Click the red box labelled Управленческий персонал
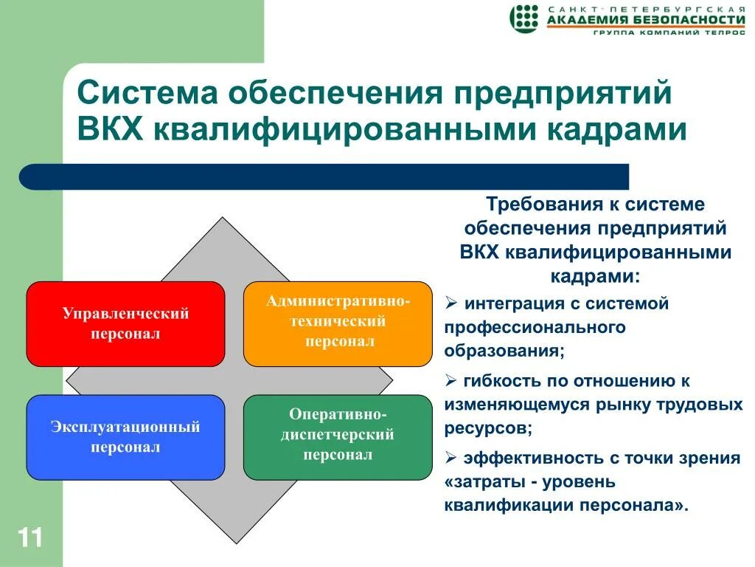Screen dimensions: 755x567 tap(125, 324)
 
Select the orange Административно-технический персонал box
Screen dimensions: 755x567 tap(338, 324)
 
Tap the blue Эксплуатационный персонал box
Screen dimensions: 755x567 tap(125, 437)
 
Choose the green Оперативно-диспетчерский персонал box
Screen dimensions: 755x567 tap(338, 437)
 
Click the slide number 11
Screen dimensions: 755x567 tap(29, 537)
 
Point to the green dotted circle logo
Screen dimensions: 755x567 tap(524, 18)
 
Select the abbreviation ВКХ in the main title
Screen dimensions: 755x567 tap(111, 128)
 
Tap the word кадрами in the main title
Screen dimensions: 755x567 tap(616, 129)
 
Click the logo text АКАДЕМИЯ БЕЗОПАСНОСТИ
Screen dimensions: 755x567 tap(646, 19)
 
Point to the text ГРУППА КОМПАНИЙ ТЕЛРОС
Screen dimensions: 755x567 tap(669, 32)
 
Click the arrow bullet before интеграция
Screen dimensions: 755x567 tap(450, 303)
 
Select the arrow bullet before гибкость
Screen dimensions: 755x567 tap(450, 380)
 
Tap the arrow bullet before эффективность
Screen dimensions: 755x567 tap(450, 457)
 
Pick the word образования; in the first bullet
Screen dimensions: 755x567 tap(504, 351)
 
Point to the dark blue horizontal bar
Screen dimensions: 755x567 tap(324, 176)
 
